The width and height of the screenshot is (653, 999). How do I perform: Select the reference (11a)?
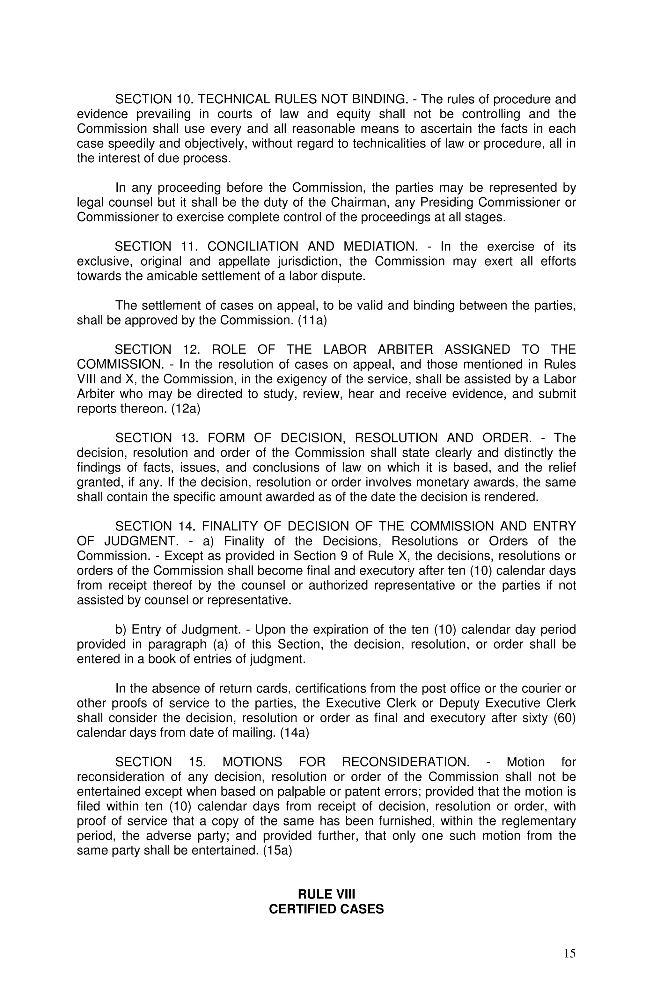312,320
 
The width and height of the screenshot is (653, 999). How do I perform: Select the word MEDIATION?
378,246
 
